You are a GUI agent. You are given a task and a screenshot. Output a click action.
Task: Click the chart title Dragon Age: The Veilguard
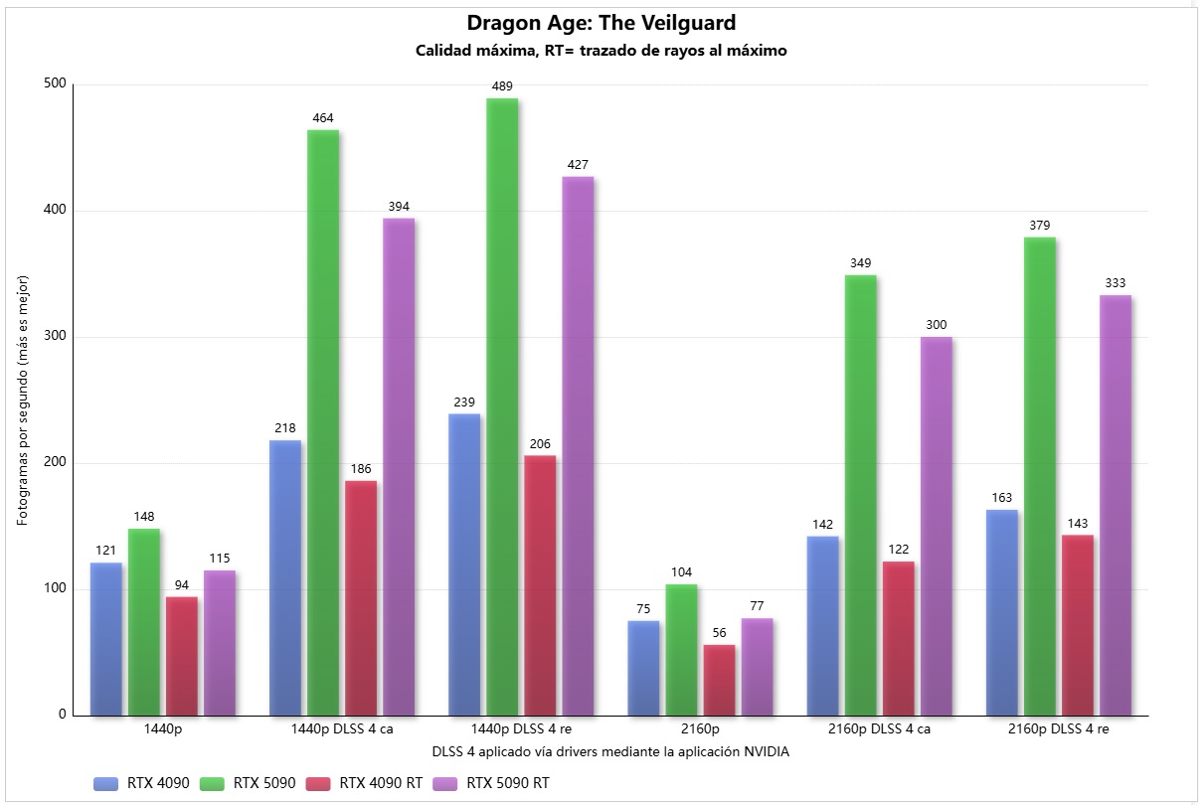coord(602,23)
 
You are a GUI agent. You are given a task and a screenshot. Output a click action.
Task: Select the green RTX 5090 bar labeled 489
coord(502,407)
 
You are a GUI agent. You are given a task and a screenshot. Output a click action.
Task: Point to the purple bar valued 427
coord(578,446)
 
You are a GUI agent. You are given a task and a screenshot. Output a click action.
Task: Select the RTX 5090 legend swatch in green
coord(214,783)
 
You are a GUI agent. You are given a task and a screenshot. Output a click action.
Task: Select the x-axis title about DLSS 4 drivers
coord(610,751)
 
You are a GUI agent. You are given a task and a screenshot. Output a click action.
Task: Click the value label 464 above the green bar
coord(322,118)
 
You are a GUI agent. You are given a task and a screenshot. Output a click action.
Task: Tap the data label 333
coord(1116,283)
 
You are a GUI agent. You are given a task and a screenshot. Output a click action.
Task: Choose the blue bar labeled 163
coord(1002,612)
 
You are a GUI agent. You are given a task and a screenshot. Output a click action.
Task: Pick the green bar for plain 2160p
coord(681,650)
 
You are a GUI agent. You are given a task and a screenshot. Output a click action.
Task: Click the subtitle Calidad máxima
coord(602,52)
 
